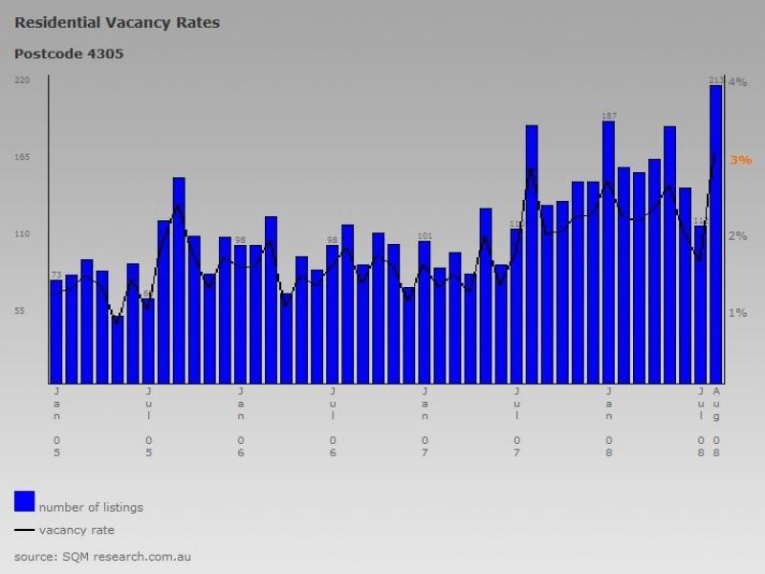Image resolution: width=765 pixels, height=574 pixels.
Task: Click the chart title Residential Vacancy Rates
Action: [x=117, y=22]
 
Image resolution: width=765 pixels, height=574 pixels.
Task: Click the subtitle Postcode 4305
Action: [x=68, y=54]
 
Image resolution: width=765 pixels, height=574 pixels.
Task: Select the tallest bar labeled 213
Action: [x=715, y=234]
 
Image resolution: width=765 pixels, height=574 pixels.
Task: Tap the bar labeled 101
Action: [x=425, y=312]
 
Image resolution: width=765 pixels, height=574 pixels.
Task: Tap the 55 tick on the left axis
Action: [x=24, y=311]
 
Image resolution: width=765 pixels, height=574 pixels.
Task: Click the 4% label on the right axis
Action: [x=737, y=82]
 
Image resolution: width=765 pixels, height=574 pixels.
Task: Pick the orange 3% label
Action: [x=740, y=160]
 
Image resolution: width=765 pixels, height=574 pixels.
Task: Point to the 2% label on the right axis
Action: [x=737, y=236]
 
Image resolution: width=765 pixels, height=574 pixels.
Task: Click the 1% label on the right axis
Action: [x=737, y=313]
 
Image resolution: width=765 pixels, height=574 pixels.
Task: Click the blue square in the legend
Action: [x=25, y=500]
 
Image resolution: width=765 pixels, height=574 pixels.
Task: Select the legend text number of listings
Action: [x=91, y=507]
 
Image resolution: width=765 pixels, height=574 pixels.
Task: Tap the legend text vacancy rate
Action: [x=76, y=530]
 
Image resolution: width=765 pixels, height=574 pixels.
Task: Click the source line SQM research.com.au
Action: [x=103, y=556]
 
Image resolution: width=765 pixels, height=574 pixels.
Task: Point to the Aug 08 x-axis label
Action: [x=716, y=421]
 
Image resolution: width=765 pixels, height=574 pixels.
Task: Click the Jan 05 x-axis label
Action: [x=56, y=421]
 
